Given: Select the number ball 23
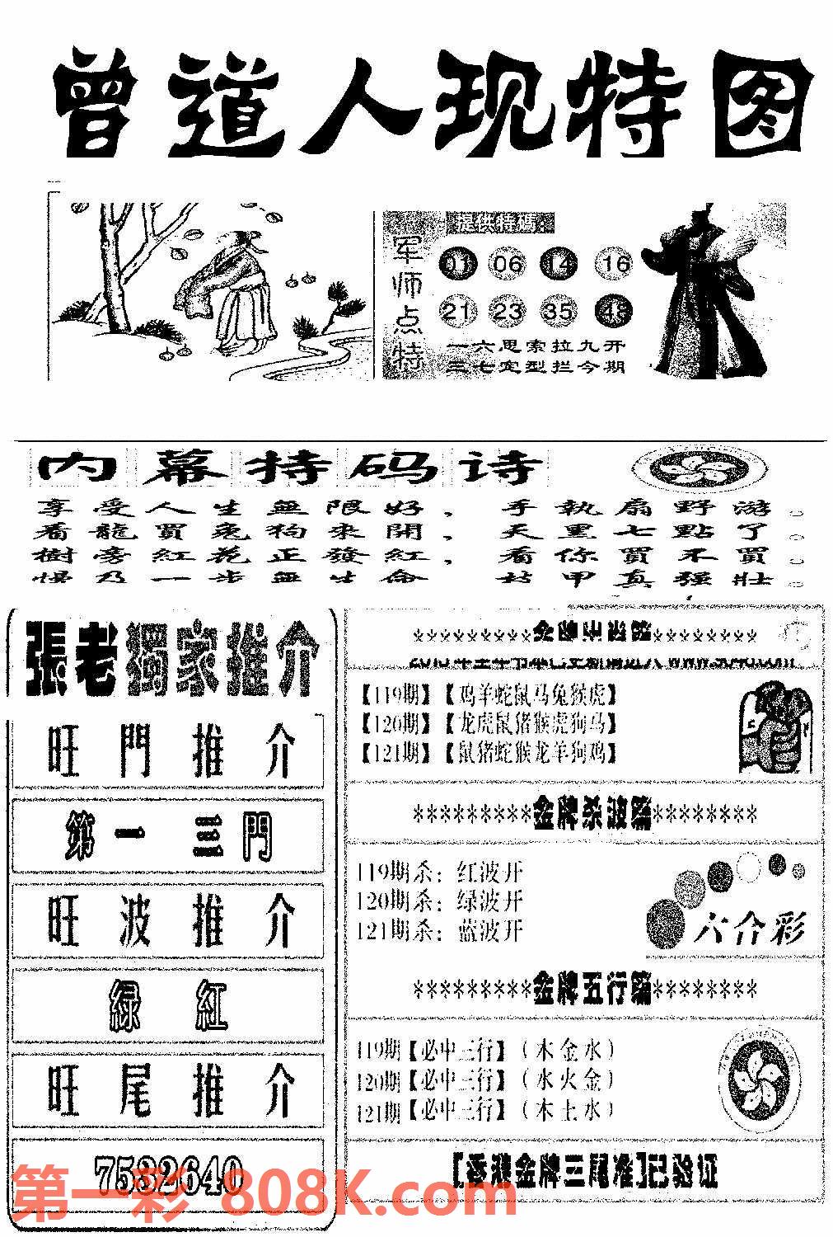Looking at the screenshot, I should (508, 312).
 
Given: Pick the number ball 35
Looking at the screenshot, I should (559, 312).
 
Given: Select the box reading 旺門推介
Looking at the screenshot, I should (169, 750).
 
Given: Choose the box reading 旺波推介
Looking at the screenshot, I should (169, 922).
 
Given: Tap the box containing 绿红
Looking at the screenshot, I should (169, 1006).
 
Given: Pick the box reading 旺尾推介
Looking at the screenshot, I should (169, 1090).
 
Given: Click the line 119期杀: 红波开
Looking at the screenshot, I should (441, 872).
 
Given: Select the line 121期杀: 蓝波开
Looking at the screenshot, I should (441, 930).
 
